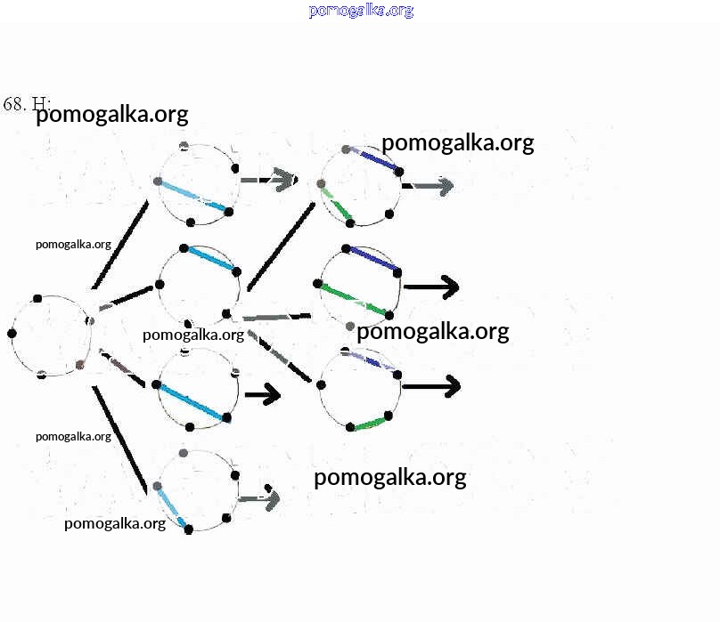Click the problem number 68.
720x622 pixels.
[13, 104]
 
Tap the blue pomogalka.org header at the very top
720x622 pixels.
[361, 11]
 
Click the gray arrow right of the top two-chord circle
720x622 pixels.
[430, 186]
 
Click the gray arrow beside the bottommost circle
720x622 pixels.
[260, 498]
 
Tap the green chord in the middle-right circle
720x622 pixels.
[354, 299]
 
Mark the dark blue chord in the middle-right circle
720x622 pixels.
[373, 258]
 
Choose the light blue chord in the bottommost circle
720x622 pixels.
[171, 506]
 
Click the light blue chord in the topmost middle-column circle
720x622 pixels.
[192, 196]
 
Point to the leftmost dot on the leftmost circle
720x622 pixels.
[12, 334]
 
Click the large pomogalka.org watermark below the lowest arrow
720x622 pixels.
[389, 478]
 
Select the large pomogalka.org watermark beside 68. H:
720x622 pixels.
[111, 115]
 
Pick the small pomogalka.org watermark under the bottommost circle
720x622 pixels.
[115, 523]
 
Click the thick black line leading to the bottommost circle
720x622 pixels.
[119, 440]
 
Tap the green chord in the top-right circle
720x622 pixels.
[336, 204]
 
